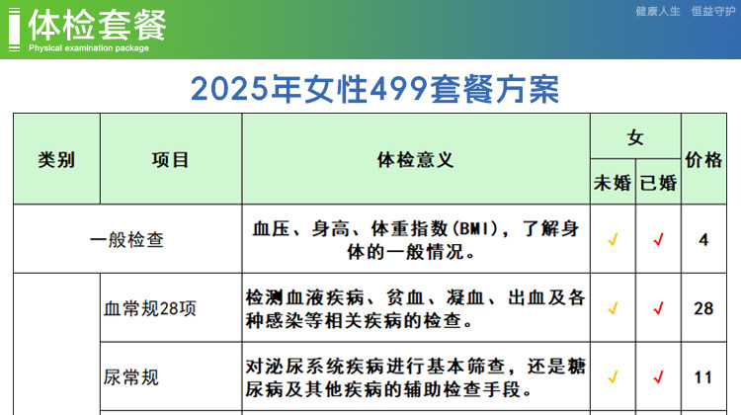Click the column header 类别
(x=56, y=160)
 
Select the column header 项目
(x=170, y=160)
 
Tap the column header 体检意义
(x=415, y=160)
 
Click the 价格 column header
(x=703, y=160)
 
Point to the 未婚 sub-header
(x=613, y=183)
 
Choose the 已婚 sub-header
(x=658, y=183)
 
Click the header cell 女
(x=635, y=137)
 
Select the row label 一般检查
(x=126, y=239)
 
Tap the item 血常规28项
(x=150, y=308)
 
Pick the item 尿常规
(x=130, y=377)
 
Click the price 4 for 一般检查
(x=703, y=240)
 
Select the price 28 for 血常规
(x=703, y=308)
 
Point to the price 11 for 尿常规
(x=703, y=377)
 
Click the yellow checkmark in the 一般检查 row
(x=613, y=240)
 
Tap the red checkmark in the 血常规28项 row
(x=658, y=308)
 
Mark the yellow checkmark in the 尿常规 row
(x=613, y=377)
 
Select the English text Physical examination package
(x=89, y=47)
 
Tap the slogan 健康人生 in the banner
(x=658, y=11)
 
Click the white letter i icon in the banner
(x=14, y=30)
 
